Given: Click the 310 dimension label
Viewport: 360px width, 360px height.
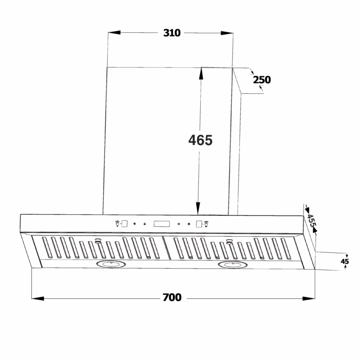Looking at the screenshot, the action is coord(172,33).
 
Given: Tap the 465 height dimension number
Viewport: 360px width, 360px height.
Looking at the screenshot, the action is coord(200,140).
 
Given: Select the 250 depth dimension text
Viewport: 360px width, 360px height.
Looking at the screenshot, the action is coord(262,80).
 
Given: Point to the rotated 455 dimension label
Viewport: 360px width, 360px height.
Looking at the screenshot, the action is coord(311,220).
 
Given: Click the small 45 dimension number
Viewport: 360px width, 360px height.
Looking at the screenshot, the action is coord(345,261).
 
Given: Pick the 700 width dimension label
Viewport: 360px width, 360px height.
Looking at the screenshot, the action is coord(172,297).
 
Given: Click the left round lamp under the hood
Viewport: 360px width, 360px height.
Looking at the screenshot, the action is coord(111,264).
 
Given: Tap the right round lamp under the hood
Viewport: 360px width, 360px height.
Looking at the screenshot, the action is coord(233,265).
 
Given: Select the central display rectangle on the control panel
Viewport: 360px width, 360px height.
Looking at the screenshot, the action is coord(162,224).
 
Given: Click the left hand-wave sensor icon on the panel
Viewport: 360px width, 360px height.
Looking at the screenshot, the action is coord(117,223).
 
